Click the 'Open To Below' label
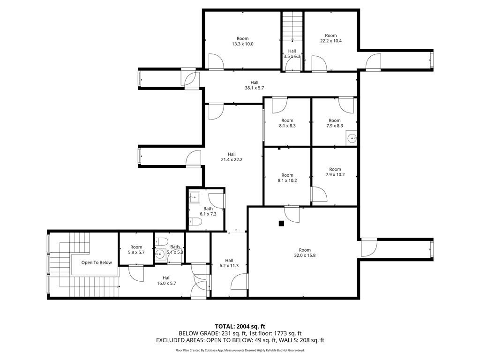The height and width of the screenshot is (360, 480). point(97,262)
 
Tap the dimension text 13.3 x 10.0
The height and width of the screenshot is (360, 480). point(242,44)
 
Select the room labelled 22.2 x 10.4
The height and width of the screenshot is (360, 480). point(330,38)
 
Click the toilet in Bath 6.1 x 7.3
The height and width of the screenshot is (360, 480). point(195,221)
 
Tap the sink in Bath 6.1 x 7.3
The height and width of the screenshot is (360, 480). point(195,198)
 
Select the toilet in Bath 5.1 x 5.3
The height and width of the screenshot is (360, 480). point(161,241)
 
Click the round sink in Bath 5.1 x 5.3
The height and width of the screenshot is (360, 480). point(160,254)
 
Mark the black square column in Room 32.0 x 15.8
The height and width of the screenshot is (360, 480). point(281,224)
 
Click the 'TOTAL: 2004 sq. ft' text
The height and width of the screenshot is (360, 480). point(238,326)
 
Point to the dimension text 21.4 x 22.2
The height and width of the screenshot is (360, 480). point(232,159)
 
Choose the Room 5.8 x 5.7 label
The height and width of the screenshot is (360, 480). point(136,250)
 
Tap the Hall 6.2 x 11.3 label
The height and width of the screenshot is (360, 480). point(229,263)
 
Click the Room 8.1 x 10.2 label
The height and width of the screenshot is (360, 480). point(287,178)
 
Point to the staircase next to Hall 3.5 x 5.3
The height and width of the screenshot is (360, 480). point(292,27)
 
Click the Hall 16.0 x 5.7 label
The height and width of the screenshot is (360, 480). point(166,280)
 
